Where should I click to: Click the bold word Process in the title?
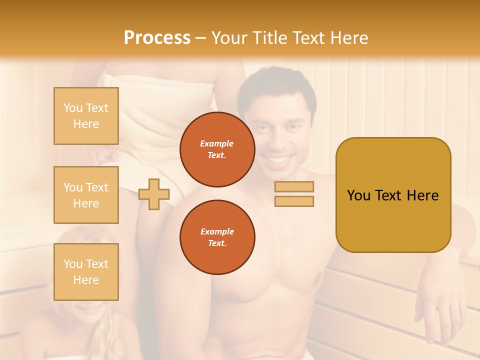tap(157, 37)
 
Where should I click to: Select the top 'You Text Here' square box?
tap(86, 116)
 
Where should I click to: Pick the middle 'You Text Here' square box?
tap(86, 195)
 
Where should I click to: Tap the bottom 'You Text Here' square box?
tap(86, 271)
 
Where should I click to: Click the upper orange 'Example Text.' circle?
tap(217, 149)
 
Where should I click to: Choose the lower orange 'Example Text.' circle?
tap(217, 237)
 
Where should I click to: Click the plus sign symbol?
tap(153, 194)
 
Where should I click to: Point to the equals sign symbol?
tap(294, 194)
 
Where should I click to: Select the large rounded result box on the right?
tap(393, 195)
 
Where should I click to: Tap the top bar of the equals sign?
tap(294, 187)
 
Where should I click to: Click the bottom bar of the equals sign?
tap(294, 201)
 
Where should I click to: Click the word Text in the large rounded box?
tap(389, 195)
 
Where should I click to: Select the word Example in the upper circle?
tap(217, 143)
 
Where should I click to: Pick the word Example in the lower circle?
tap(217, 231)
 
